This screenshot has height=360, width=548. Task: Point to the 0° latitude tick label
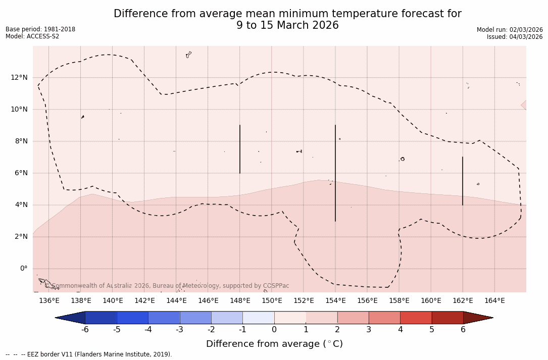[x=24, y=269]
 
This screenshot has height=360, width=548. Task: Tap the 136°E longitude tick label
[x=49, y=301]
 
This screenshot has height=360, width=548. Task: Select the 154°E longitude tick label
[x=335, y=301]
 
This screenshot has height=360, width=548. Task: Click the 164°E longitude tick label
[x=494, y=301]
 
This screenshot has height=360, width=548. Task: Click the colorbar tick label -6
[x=85, y=330]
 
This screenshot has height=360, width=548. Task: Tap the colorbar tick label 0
[x=274, y=330]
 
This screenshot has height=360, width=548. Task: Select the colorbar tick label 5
[x=432, y=330]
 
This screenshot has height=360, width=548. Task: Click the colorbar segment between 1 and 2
[x=321, y=318]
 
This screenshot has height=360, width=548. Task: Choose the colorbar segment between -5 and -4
[x=132, y=318]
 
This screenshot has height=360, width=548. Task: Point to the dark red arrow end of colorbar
[x=477, y=318]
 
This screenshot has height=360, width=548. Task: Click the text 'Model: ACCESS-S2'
[x=32, y=36]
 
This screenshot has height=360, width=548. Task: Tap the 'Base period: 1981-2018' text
[x=40, y=29]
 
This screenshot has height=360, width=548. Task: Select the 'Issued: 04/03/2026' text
[x=515, y=37]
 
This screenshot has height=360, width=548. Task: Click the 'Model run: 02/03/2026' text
[x=510, y=30]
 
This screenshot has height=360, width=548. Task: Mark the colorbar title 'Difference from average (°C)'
[x=274, y=344]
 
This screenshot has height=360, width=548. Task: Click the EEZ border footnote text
[x=89, y=354]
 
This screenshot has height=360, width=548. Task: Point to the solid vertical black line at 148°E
[x=240, y=149]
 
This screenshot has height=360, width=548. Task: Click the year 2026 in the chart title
[x=324, y=25]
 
